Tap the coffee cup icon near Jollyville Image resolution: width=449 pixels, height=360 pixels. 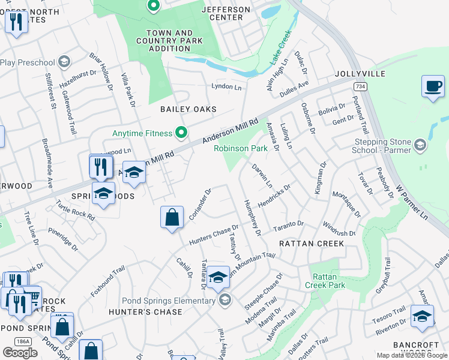[432, 86]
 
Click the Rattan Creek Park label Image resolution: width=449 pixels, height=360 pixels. [329, 281]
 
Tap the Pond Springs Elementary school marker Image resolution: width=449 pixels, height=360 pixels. [225, 300]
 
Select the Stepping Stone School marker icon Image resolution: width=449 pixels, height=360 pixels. [420, 145]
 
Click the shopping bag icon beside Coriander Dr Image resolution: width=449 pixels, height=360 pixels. [172, 217]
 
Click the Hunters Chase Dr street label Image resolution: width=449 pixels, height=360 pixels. [211, 235]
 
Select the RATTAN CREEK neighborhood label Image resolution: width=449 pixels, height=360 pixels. [312, 244]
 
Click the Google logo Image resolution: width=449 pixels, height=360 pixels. [20, 353]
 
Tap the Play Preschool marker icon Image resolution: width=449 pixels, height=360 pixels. [64, 62]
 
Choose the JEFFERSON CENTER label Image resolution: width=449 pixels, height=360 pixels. [226, 14]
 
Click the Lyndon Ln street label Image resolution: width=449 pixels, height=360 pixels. [226, 87]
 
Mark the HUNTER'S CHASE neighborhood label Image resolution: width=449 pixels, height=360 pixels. [145, 312]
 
